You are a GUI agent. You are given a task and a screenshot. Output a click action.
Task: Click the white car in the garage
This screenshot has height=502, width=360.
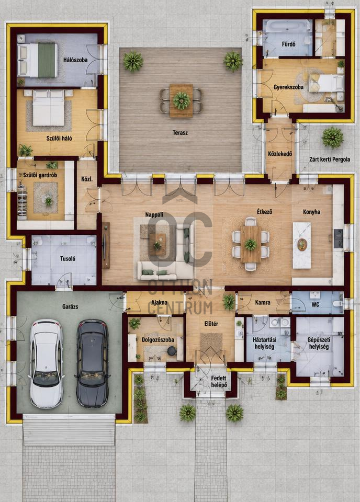click(46, 363)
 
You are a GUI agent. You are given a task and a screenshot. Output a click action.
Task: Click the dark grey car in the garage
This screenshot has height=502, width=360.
click(92, 363)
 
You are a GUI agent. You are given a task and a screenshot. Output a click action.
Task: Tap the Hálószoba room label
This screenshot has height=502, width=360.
click(75, 60)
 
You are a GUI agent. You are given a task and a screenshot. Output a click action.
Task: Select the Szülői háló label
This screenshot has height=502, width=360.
click(59, 138)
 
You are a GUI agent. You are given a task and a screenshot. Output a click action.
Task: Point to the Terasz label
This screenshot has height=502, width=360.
click(180, 132)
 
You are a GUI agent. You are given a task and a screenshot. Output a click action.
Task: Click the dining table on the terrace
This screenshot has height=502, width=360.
click(181, 100)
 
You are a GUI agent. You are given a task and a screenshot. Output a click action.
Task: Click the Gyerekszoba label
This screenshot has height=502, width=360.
click(289, 87)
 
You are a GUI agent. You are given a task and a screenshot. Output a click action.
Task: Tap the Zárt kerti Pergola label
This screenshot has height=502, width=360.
click(330, 159)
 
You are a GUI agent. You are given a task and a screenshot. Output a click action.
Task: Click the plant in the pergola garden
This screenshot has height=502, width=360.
click(332, 138)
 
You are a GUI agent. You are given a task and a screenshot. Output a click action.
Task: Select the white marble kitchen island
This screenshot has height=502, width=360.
click(302, 246)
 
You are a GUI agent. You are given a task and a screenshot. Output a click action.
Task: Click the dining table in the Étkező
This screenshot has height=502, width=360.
click(251, 244)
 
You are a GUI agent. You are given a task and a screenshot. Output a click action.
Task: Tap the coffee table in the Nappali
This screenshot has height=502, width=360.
click(157, 244)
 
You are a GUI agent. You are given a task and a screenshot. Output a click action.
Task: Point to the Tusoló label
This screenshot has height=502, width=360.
click(67, 258)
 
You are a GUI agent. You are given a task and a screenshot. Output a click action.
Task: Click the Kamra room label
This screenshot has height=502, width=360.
click(263, 302)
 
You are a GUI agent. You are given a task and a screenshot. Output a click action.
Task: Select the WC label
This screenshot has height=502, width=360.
click(316, 304)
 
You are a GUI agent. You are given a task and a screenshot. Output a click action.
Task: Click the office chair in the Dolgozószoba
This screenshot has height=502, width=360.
click(172, 351)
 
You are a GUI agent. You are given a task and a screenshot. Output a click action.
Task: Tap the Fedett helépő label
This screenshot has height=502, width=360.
click(219, 381)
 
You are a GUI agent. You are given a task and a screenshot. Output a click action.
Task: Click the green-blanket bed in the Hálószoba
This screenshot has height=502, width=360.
click(38, 60)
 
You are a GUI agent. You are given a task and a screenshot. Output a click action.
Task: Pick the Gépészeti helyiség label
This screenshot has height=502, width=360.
click(319, 343)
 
